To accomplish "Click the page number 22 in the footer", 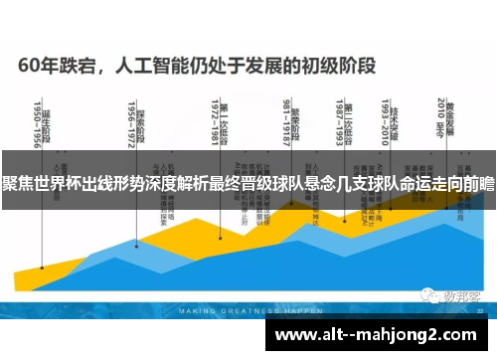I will (x=480, y=310).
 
